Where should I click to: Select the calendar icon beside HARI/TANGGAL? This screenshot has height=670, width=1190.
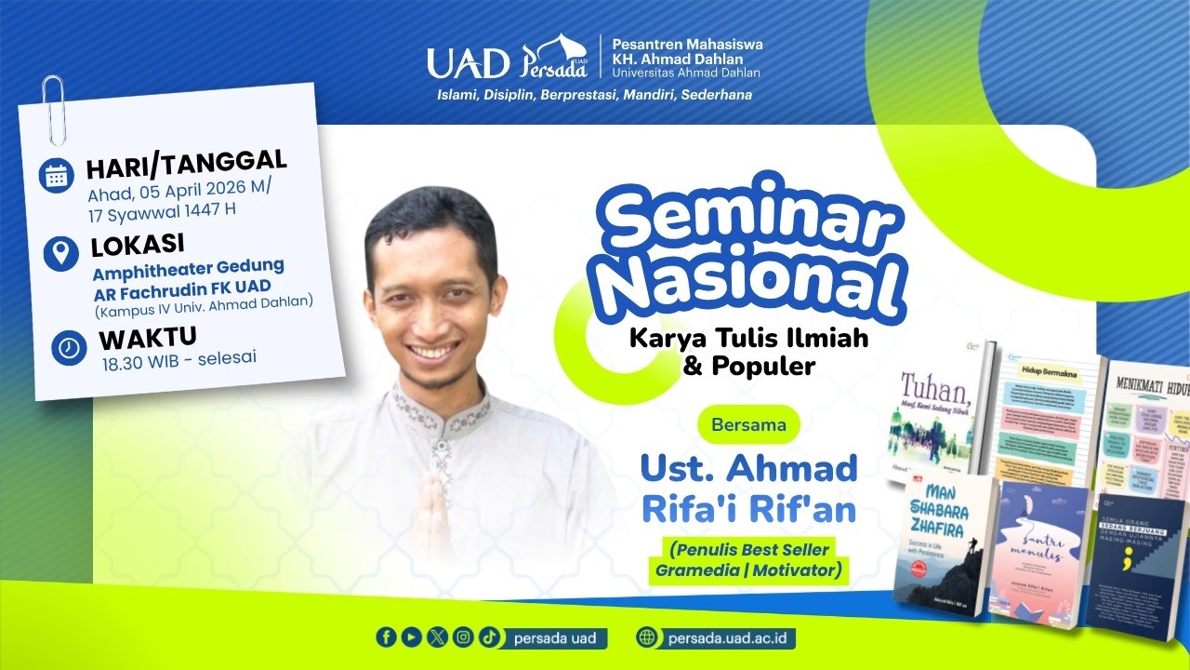click(57, 176)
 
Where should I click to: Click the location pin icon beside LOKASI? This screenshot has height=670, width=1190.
click(60, 253)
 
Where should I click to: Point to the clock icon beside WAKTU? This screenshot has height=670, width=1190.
click(70, 347)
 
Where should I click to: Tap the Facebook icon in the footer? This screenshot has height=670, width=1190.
click(386, 637)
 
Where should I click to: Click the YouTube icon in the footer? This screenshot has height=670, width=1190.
click(411, 637)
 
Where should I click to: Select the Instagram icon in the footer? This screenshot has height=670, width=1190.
click(463, 637)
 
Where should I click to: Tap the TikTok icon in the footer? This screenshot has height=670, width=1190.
click(489, 637)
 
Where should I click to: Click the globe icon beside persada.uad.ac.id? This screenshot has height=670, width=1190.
click(647, 637)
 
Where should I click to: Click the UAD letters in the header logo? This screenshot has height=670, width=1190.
click(468, 63)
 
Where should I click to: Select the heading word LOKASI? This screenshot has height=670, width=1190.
click(137, 246)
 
